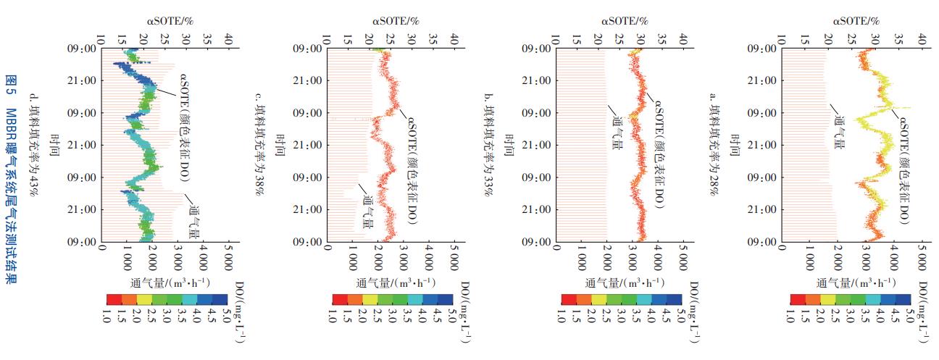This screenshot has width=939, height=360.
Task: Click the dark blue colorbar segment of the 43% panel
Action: tap(218, 298)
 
